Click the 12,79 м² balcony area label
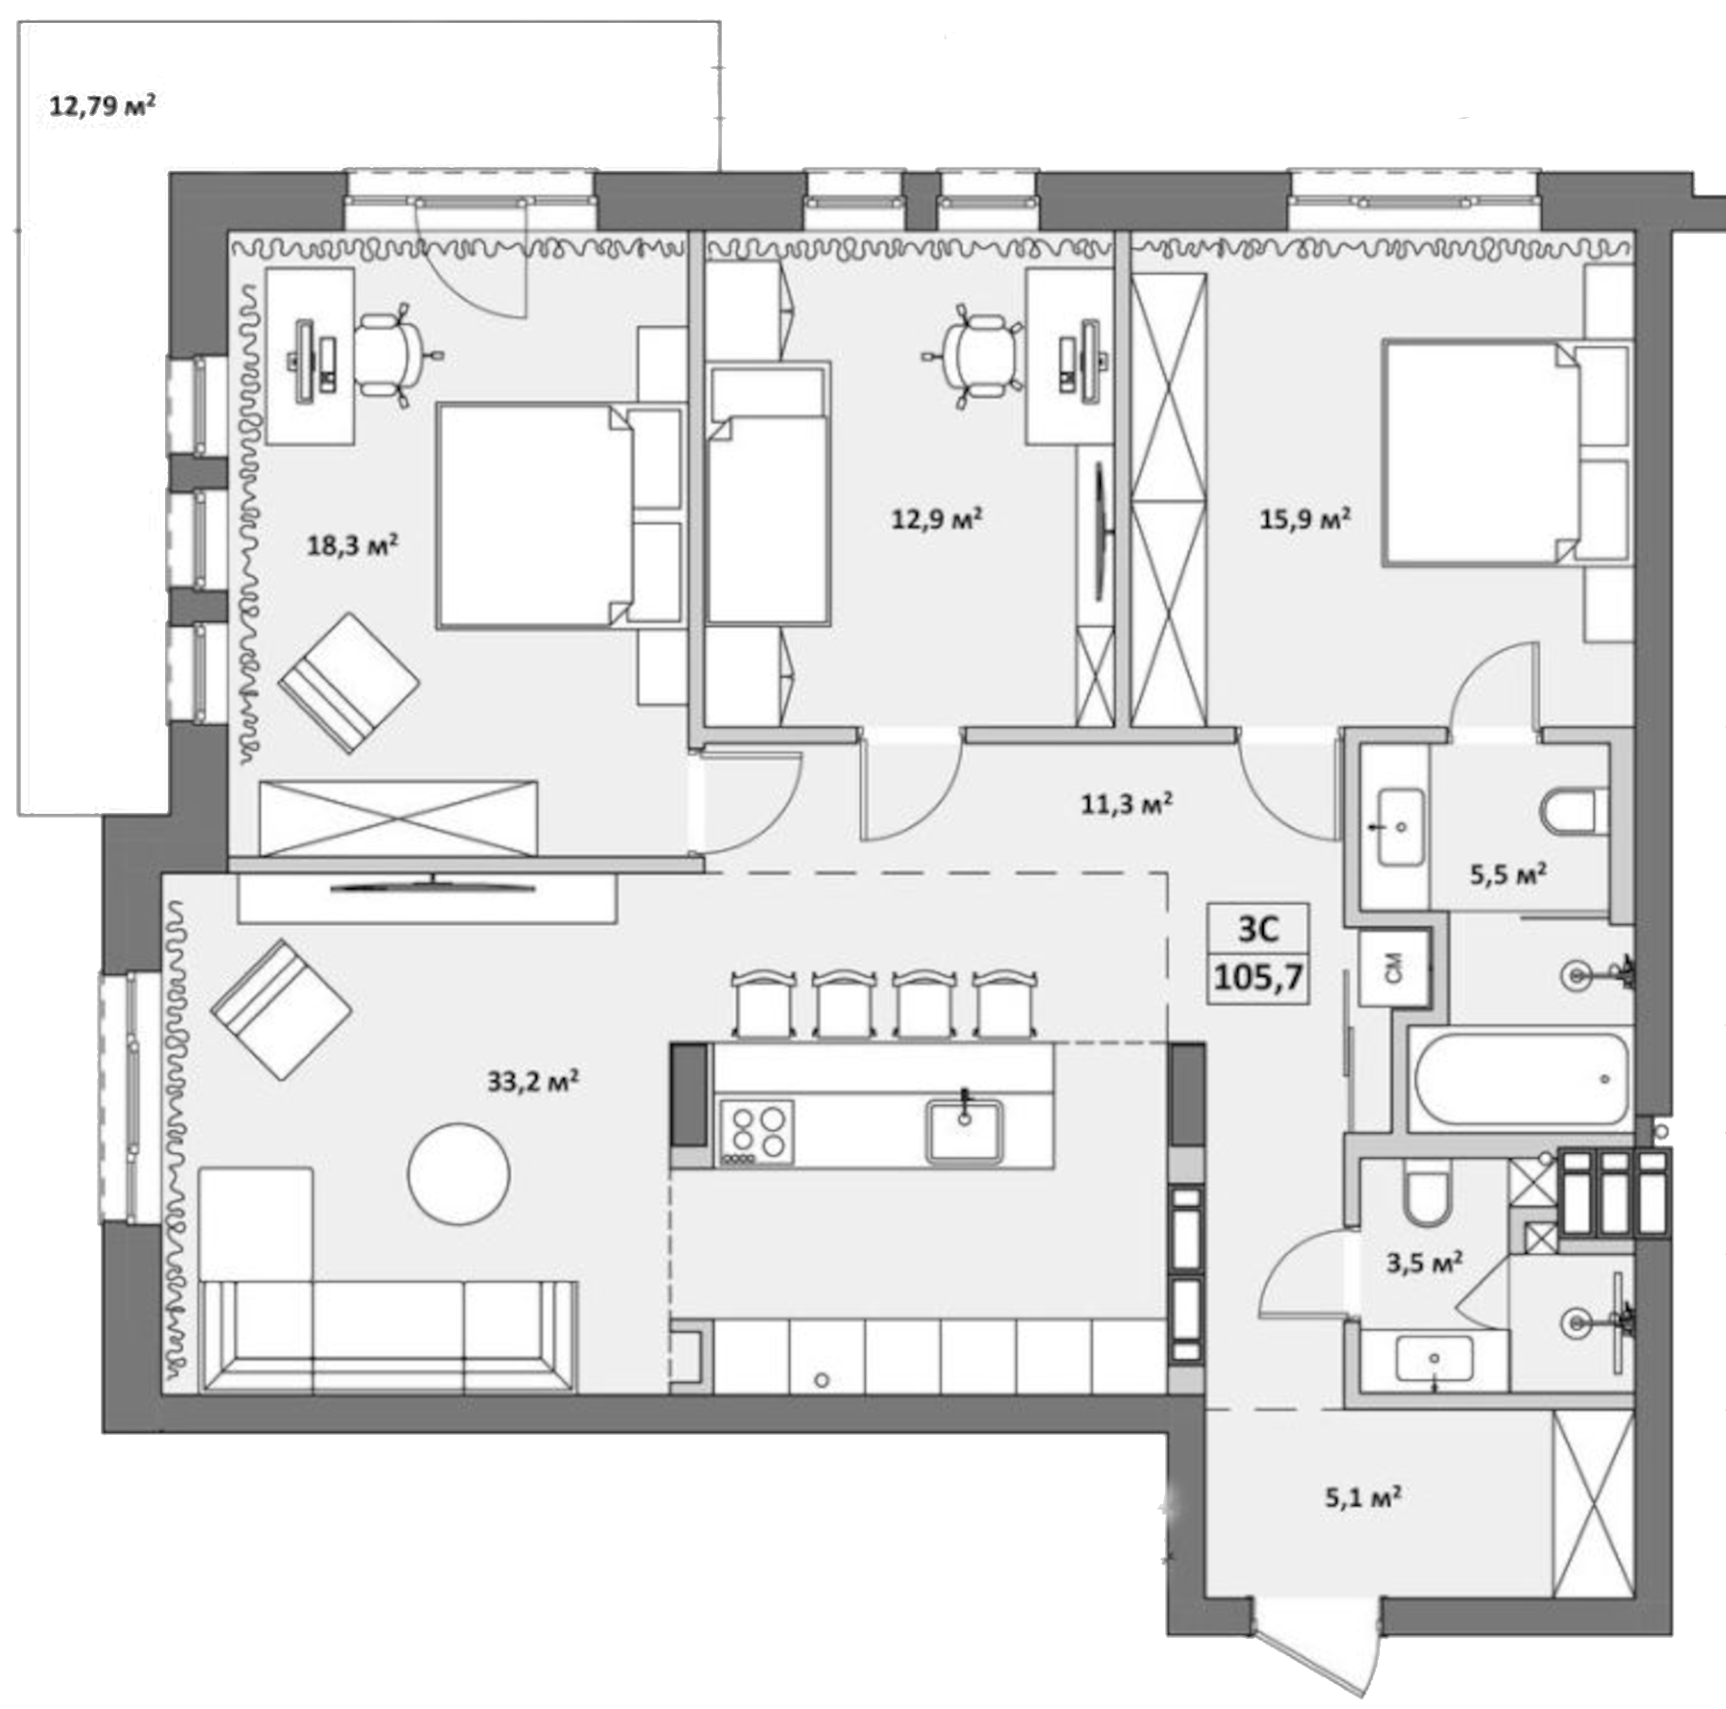tap(102, 104)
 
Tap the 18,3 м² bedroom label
tap(352, 545)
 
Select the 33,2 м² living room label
tap(532, 1081)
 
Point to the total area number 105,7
tap(1258, 978)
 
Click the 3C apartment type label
tap(1258, 928)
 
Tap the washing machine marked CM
tap(1393, 967)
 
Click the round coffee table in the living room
tap(458, 1173)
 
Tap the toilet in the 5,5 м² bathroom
tap(1573, 811)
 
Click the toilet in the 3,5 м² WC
tap(1426, 1194)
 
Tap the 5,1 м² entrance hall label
tap(1363, 1496)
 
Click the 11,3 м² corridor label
tap(1126, 803)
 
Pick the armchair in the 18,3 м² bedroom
tap(349, 682)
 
